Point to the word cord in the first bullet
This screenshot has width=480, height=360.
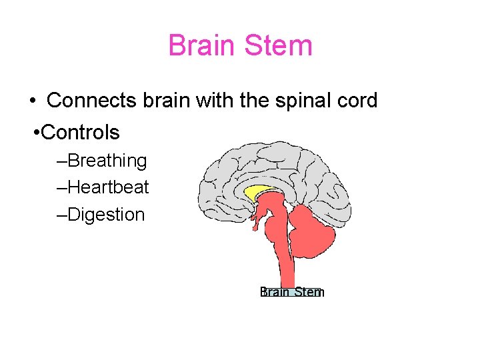[x=358, y=101]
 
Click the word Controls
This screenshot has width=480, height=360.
[x=80, y=133]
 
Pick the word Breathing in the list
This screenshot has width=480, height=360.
[x=107, y=161]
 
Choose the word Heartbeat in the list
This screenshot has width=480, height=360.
[x=108, y=187]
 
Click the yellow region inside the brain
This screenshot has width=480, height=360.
[x=257, y=192]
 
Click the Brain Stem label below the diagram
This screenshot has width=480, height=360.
[x=292, y=292]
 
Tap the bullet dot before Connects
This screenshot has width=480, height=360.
[x=32, y=101]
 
